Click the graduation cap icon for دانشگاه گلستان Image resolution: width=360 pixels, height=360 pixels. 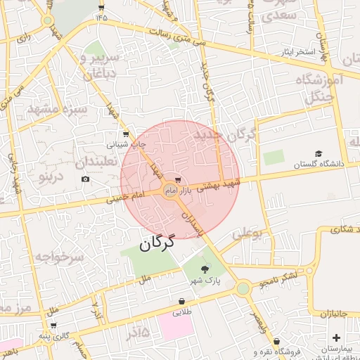tap(319, 153)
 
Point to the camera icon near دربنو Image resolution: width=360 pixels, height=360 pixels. tap(86, 179)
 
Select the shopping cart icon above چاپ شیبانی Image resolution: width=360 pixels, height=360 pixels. tap(126, 134)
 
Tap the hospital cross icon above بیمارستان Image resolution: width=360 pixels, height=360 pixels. tap(337, 338)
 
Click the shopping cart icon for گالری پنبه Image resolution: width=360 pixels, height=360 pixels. tap(53, 326)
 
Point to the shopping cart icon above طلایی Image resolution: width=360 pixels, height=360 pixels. tap(181, 302)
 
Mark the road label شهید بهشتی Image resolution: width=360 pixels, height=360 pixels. tap(218, 185)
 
